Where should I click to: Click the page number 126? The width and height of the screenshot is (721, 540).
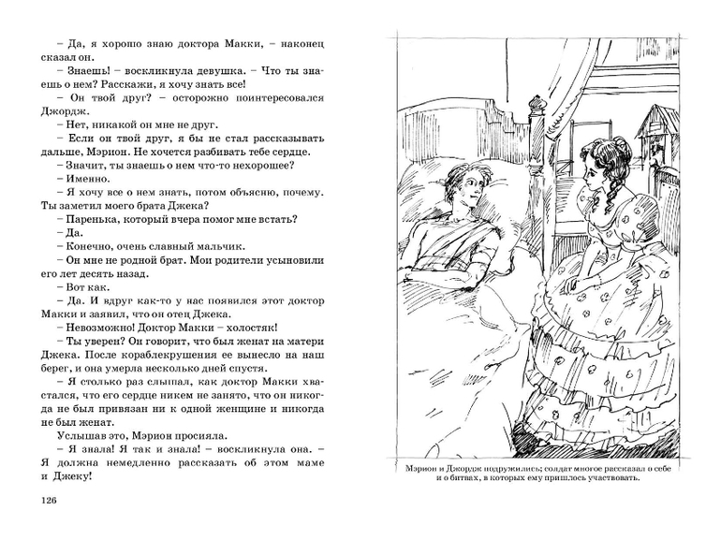(x=44, y=499)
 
